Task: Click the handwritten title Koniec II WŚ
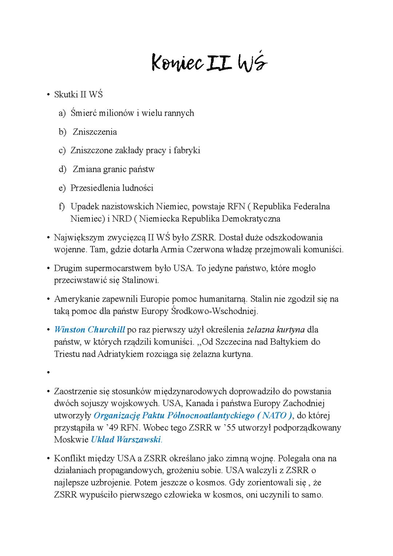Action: (x=209, y=63)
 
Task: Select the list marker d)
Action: (x=63, y=169)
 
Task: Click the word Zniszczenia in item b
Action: (x=95, y=132)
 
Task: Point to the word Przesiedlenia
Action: (x=95, y=188)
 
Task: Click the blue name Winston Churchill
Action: (x=90, y=330)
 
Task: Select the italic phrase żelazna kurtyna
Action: (x=275, y=330)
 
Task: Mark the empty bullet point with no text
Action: (x=48, y=373)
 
